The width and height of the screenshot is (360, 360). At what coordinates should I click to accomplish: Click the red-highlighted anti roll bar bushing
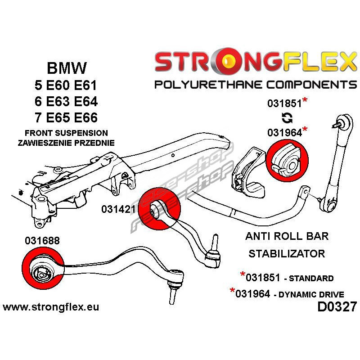pyautogui.click(x=286, y=158)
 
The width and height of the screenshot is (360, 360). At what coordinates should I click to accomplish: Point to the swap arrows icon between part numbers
pyautogui.click(x=286, y=118)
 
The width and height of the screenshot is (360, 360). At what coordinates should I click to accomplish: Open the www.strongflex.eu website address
pyautogui.click(x=51, y=307)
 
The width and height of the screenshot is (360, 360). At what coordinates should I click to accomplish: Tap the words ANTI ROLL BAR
pyautogui.click(x=287, y=236)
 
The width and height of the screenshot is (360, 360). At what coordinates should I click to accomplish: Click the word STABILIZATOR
pyautogui.click(x=287, y=253)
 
